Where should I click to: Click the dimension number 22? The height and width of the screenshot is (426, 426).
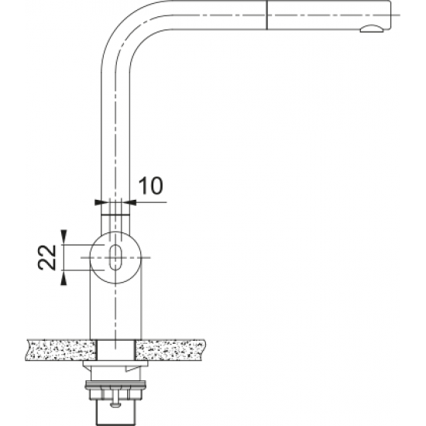coord(49,255)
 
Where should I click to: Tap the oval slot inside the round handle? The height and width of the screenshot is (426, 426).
coord(115,258)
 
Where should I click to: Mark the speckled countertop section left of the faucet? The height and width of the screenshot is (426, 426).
coord(59,350)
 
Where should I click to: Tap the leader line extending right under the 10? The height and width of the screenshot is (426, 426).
coord(151,202)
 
